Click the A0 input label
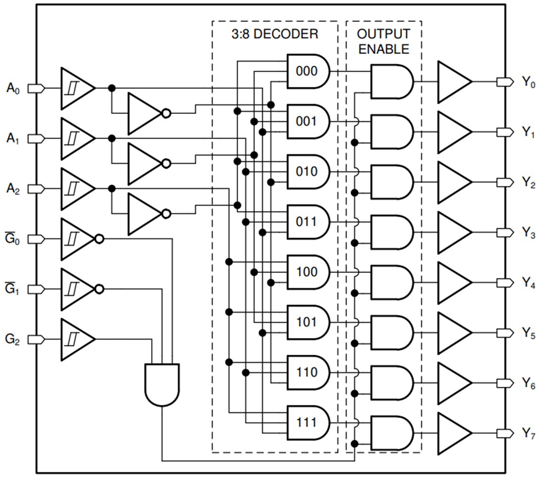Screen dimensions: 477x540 pyautogui.click(x=13, y=88)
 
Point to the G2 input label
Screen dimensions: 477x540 pyautogui.click(x=13, y=340)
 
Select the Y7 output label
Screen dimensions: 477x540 pyautogui.click(x=528, y=434)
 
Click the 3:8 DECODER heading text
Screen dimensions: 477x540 pyautogui.click(x=275, y=34)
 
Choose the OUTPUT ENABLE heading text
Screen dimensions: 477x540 pyautogui.click(x=383, y=41)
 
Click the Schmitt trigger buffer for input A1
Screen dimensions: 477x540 pyautogui.click(x=76, y=139)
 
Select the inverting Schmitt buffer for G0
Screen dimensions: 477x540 pyautogui.click(x=77, y=239)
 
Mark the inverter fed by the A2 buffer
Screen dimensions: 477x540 pyautogui.click(x=144, y=214)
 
